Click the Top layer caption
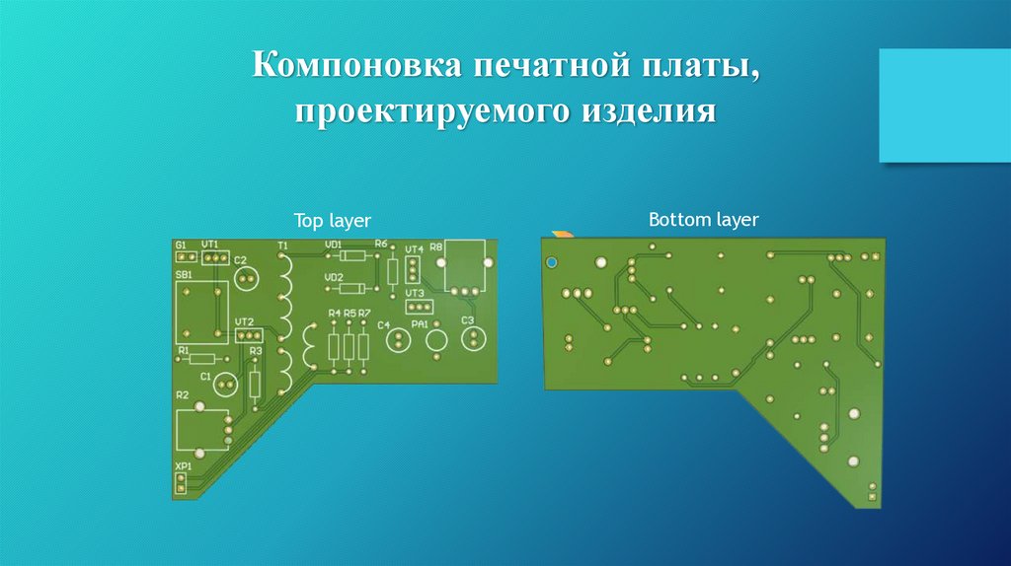332,222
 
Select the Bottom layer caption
703,219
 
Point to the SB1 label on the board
184,274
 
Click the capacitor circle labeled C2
246,280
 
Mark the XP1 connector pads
181,482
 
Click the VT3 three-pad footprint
415,307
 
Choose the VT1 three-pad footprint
214,257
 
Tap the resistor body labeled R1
202,359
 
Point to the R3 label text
256,350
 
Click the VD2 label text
334,277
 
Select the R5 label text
350,314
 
